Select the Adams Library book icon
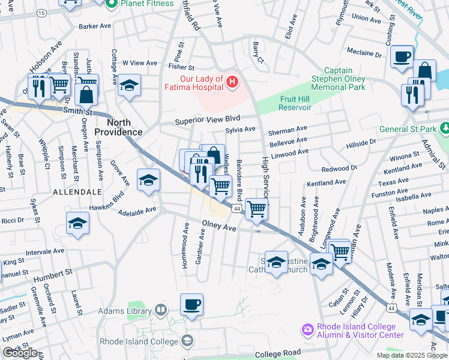pyautogui.click(x=161, y=310)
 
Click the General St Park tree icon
pyautogui.click(x=444, y=128)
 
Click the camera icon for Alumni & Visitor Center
pyautogui.click(x=308, y=329)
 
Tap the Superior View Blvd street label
pyautogui.click(x=207, y=121)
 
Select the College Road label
pyautogui.click(x=277, y=354)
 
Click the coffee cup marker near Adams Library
pyautogui.click(x=192, y=304)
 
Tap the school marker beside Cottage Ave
pyautogui.click(x=128, y=86)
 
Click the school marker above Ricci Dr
pyautogui.click(x=77, y=223)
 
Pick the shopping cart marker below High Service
pyautogui.click(x=256, y=208)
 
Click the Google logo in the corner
pyautogui.click(x=20, y=353)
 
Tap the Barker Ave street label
pyautogui.click(x=95, y=26)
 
